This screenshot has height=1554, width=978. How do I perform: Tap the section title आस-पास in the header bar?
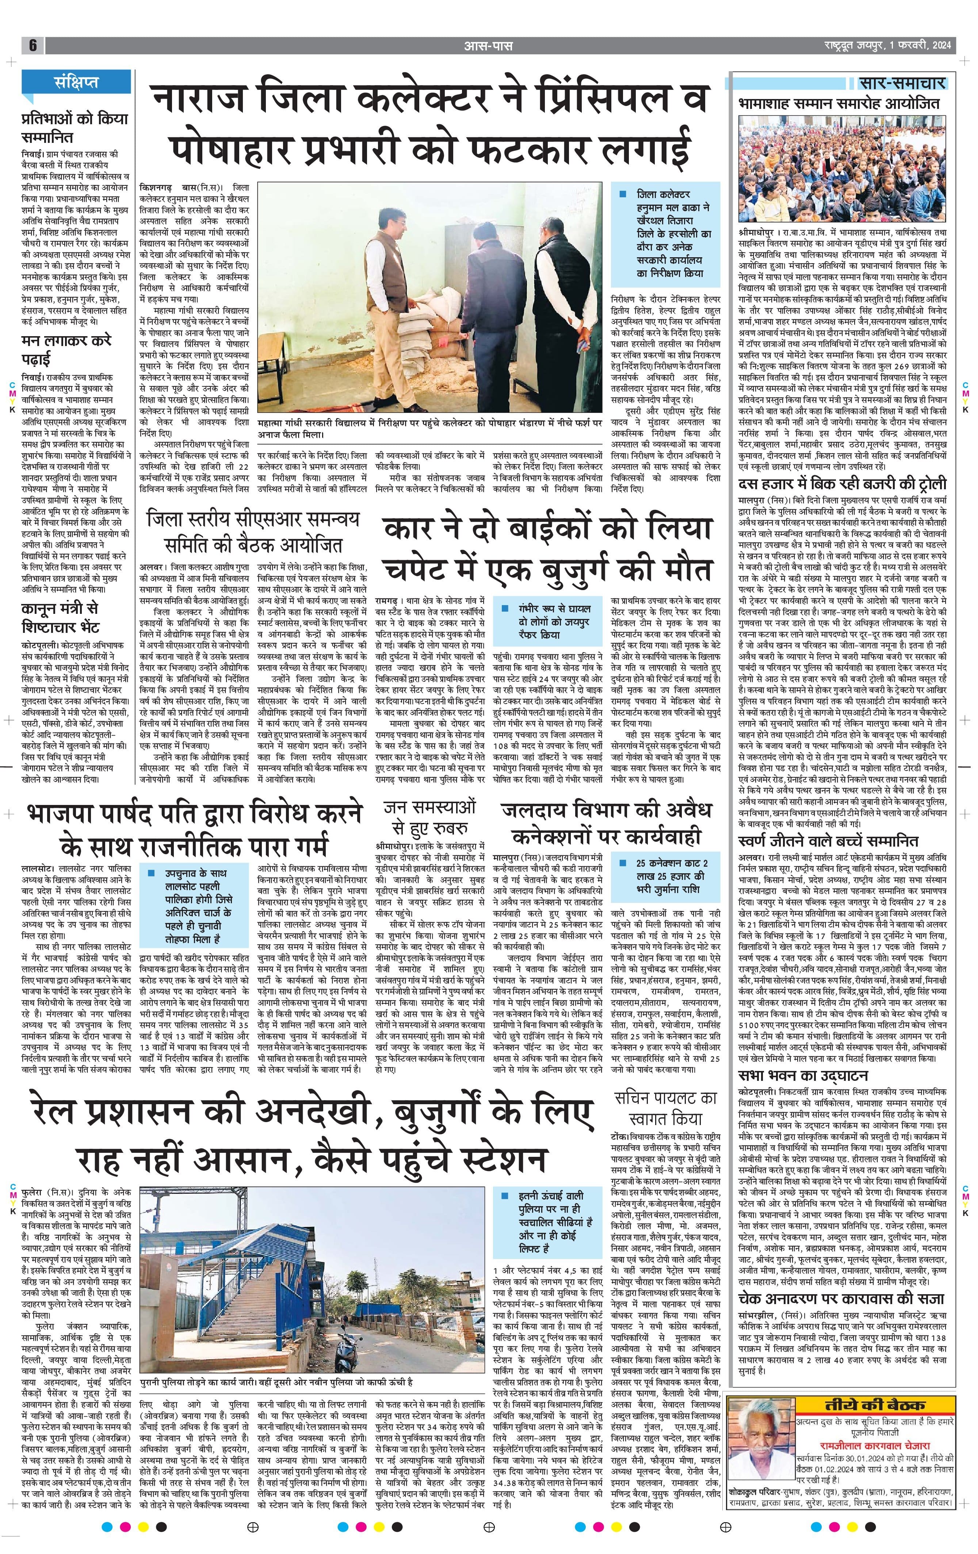pos(489,46)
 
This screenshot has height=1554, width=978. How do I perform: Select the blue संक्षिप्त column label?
pos(76,82)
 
